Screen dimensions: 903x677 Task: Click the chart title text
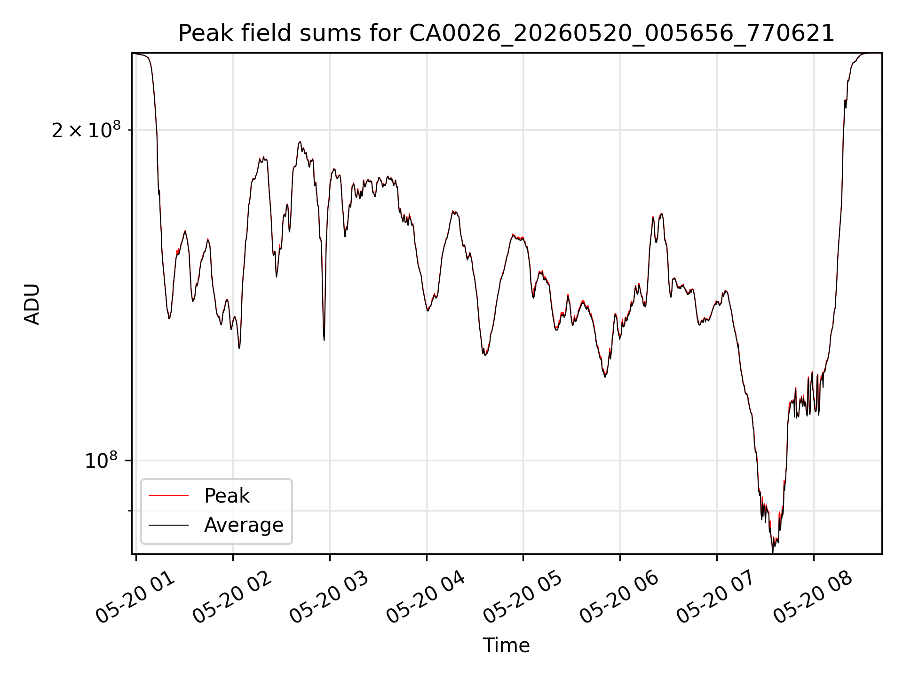pyautogui.click(x=506, y=33)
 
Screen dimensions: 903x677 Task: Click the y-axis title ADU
pyautogui.click(x=32, y=304)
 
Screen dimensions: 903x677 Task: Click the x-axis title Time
pyautogui.click(x=506, y=646)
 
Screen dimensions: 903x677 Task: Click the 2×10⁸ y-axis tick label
pyautogui.click(x=86, y=130)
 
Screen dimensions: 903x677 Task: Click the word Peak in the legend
pyautogui.click(x=227, y=496)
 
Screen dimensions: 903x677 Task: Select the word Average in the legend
pyautogui.click(x=244, y=525)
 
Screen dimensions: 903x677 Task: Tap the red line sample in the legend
pyautogui.click(x=168, y=496)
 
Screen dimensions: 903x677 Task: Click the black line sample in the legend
pyautogui.click(x=168, y=525)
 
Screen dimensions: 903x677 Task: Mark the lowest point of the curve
pyautogui.click(x=772, y=552)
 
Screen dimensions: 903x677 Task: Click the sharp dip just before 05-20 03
pyautogui.click(x=324, y=339)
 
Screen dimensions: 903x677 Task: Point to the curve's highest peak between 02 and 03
pyautogui.click(x=300, y=142)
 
